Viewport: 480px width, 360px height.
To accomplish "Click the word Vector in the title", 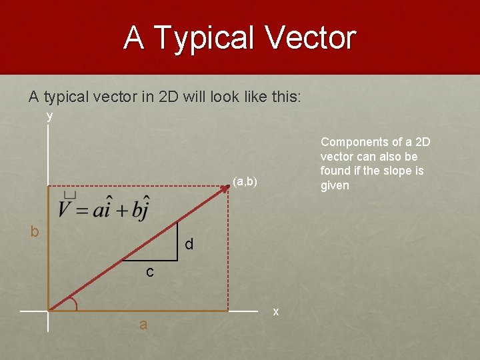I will tap(311, 38).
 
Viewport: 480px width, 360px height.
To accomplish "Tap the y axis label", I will tap(49, 116).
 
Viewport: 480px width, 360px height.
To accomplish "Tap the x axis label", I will tap(276, 312).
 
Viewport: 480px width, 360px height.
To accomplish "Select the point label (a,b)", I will tap(245, 181).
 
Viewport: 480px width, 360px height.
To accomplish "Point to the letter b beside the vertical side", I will tap(35, 231).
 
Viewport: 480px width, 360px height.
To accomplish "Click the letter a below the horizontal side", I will tap(143, 325).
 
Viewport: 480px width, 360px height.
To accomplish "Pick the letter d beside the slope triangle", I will tap(189, 245).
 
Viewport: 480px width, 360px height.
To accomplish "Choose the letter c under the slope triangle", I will tap(150, 271).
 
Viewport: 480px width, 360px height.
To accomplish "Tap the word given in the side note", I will tap(335, 185).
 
